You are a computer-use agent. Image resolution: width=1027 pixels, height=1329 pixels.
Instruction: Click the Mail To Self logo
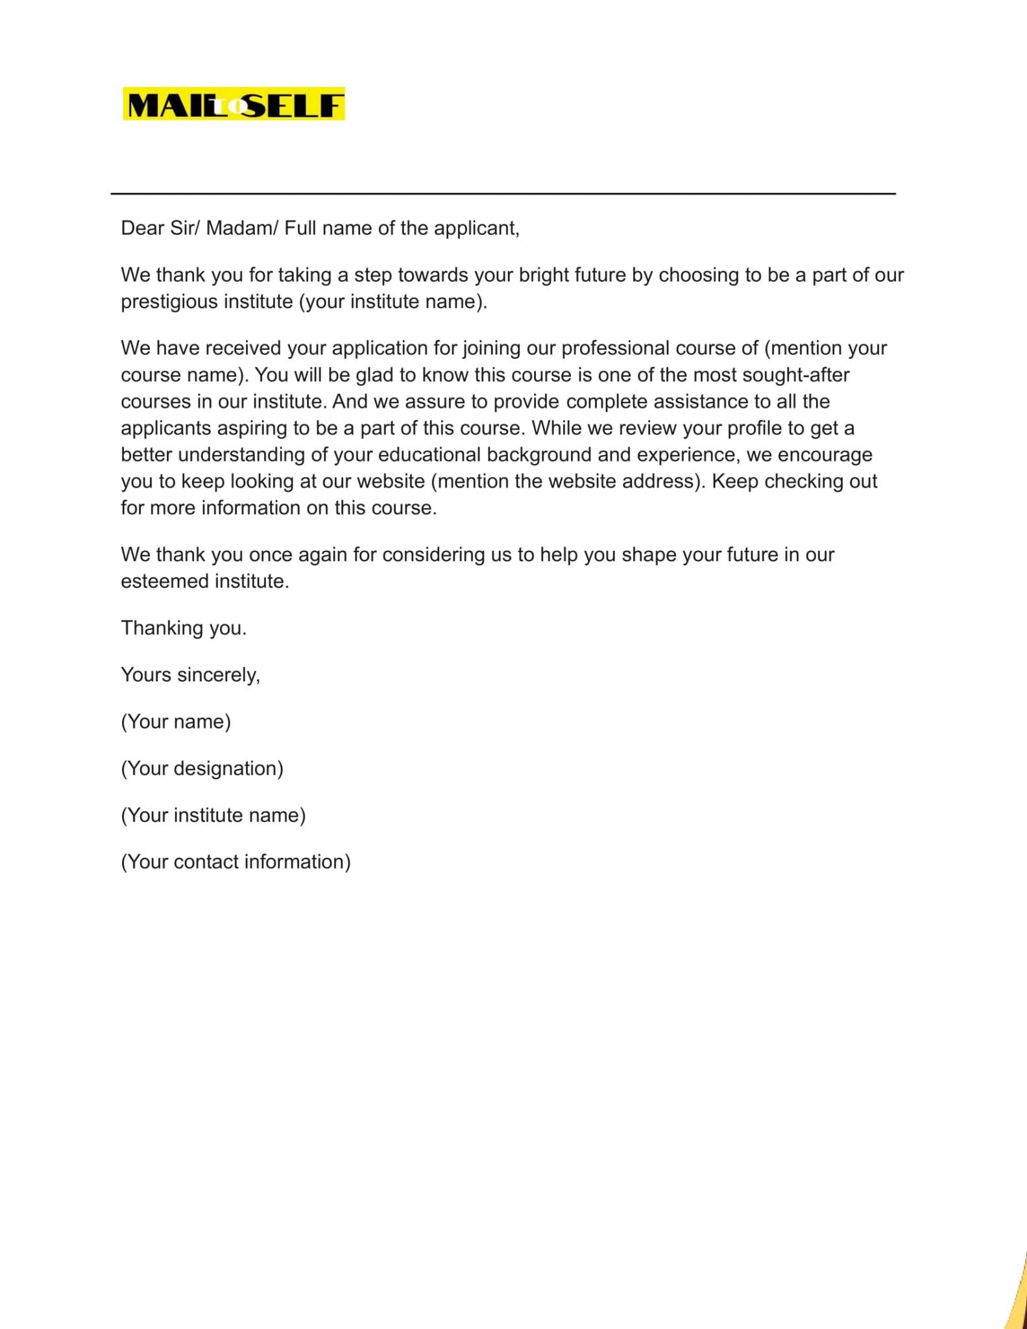pyautogui.click(x=234, y=104)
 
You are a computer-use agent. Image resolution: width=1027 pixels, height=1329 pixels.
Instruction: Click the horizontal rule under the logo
pyautogui.click(x=503, y=193)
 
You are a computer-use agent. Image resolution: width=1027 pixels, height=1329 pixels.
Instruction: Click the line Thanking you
pyautogui.click(x=184, y=628)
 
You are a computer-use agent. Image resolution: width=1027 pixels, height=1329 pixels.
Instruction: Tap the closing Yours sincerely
pyautogui.click(x=190, y=675)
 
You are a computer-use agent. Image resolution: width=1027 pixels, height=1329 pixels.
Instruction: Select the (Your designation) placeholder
pyautogui.click(x=202, y=768)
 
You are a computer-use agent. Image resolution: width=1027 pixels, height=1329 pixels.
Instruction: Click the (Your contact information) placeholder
pyautogui.click(x=236, y=862)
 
